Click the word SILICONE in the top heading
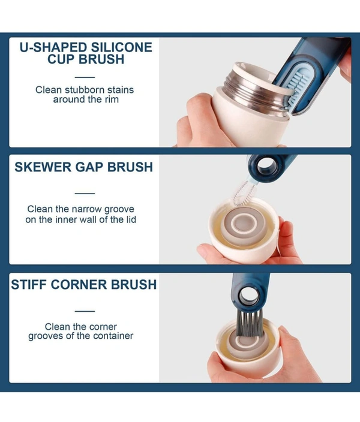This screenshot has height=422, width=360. point(122,47)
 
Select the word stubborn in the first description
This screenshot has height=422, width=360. point(85,90)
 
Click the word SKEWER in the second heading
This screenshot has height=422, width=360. point(43,167)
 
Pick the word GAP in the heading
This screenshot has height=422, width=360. point(89,167)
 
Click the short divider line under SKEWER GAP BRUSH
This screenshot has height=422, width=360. point(85,193)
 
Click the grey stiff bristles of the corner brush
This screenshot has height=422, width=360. point(250,323)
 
